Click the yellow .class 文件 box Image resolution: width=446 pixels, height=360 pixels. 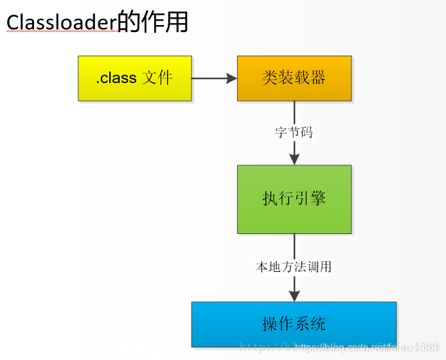coord(135,78)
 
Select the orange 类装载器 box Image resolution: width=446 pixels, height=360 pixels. coord(294,78)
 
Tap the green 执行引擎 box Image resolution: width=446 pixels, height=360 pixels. coord(294,199)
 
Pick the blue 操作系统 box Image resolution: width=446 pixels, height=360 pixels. coord(294,324)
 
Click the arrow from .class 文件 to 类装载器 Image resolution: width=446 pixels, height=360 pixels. coord(212,78)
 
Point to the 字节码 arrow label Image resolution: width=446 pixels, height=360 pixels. coord(294,133)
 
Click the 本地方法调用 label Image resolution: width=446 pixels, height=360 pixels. coord(294,266)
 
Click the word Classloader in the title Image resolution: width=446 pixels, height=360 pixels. coord(61,23)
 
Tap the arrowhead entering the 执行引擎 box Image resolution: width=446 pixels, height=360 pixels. coord(294,159)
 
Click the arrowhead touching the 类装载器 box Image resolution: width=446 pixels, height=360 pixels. coord(231,78)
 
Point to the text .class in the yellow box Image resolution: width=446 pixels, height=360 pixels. coord(116,78)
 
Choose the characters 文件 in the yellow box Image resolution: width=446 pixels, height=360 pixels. coord(157,78)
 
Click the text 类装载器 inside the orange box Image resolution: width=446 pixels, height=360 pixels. coord(294,78)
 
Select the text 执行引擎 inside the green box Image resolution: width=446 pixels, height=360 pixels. coord(294,198)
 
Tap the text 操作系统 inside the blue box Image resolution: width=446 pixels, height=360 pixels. coord(294,324)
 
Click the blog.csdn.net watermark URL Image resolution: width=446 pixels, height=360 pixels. coord(360,348)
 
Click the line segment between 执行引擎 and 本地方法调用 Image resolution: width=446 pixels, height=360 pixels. coord(294,246)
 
